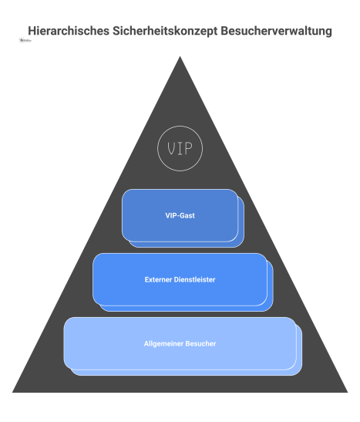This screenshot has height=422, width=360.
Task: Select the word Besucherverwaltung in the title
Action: click(273, 32)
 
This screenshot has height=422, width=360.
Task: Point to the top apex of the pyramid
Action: click(180, 57)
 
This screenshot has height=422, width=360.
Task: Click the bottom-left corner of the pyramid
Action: click(13, 392)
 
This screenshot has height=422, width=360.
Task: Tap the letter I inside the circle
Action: click(180, 147)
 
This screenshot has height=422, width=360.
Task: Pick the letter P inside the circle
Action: click(189, 147)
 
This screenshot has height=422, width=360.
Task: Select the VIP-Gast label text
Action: click(180, 216)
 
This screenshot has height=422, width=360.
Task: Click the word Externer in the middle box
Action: click(159, 279)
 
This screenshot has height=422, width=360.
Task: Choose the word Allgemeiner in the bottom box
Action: click(163, 343)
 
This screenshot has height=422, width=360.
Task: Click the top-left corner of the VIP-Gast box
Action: click(123, 191)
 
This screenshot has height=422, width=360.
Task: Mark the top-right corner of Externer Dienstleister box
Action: click(266, 255)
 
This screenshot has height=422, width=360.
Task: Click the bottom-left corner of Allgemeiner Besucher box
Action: click(66, 368)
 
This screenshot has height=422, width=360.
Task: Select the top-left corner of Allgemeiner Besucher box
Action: click(66, 319)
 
